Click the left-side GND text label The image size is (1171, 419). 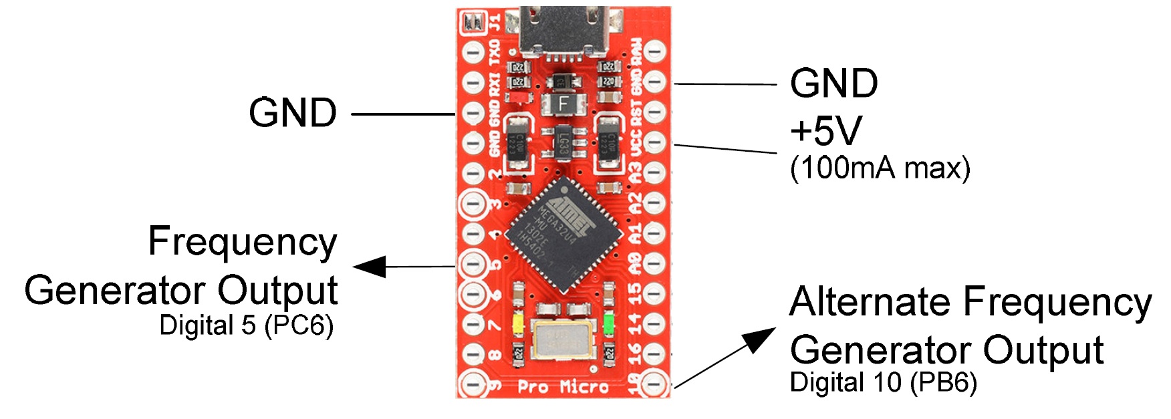click(x=293, y=113)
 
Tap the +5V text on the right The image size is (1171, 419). click(x=826, y=131)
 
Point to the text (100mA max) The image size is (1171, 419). click(x=880, y=168)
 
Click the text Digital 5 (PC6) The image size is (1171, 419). click(x=246, y=325)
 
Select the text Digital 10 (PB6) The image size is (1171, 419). click(x=883, y=383)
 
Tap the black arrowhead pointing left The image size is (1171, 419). click(x=370, y=267)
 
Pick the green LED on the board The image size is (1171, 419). click(x=609, y=324)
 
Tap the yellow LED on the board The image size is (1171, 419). click(x=517, y=325)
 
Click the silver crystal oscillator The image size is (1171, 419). click(x=563, y=339)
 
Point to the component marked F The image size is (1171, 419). click(x=563, y=104)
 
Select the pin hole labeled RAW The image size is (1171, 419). click(x=654, y=51)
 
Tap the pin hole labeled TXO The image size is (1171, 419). click(x=473, y=51)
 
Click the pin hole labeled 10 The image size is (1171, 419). click(x=654, y=384)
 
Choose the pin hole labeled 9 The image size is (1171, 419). click(x=473, y=384)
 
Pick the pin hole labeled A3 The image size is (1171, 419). click(x=654, y=172)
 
